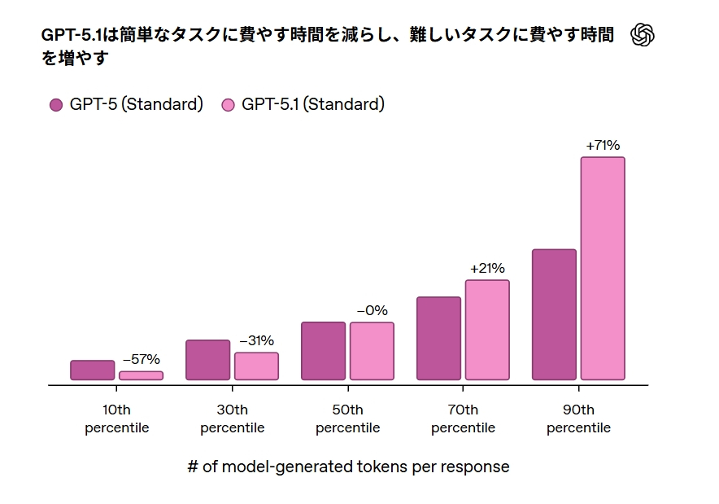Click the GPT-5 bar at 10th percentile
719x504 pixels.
pos(93,370)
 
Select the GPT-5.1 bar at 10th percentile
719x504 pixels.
pos(141,376)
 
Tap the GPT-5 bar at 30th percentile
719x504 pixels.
pos(208,360)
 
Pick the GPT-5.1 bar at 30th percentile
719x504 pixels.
pos(256,366)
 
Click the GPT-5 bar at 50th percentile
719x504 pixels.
pos(324,351)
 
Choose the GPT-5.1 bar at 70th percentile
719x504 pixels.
pos(487,330)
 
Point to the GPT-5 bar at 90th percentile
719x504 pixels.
pos(554,314)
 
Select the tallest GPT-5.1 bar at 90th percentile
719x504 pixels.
pos(603,269)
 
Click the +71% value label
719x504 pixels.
pos(603,146)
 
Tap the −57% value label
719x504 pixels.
pos(141,359)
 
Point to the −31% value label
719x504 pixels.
pos(256,340)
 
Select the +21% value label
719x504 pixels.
pos(487,268)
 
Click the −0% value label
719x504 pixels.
pos(372,310)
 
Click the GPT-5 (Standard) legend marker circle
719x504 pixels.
pos(56,105)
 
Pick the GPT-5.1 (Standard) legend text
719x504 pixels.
pos(313,104)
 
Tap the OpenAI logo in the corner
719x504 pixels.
pos(643,35)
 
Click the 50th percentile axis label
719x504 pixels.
pos(348,419)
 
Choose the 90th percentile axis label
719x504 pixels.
pos(578,419)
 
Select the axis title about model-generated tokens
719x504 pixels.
pos(348,467)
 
